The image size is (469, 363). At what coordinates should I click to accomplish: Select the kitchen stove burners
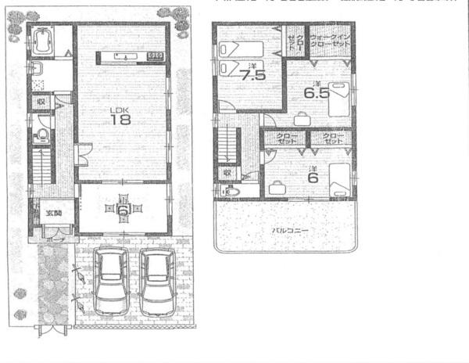155,56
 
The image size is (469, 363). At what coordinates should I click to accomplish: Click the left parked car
109,282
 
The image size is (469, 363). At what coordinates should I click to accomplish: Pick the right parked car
159,282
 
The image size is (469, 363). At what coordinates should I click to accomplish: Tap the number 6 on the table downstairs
123,210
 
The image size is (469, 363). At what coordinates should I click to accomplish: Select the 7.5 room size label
253,77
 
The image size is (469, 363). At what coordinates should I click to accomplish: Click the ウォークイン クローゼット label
330,41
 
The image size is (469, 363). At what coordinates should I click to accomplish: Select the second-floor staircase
227,144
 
